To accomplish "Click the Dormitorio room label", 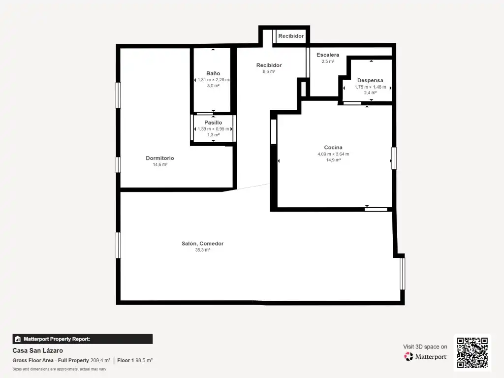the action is tap(160, 158).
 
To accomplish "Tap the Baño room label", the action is tap(213, 73).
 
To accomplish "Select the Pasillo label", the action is tap(213, 123).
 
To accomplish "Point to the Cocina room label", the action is tap(333, 148).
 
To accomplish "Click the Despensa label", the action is tap(370, 80).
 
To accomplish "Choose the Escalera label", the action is tap(328, 55).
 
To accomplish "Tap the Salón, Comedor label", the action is tap(202, 244).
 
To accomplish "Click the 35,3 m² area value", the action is tap(202, 250).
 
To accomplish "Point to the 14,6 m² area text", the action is tap(160, 164).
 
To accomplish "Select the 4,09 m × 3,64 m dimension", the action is tap(333, 154).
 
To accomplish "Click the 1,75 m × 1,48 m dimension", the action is tap(370, 87).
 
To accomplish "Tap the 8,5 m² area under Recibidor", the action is tap(269, 72).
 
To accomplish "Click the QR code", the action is tap(472, 352).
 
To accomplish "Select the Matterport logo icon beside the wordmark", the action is tap(408, 356).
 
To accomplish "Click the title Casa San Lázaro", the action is tap(37, 350).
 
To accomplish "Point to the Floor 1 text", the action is tap(126, 361).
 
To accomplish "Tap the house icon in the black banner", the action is tap(18, 339).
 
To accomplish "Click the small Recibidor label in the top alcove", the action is tap(291, 36).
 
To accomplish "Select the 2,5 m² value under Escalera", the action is tap(328, 62).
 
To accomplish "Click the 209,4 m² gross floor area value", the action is tap(100, 361).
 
